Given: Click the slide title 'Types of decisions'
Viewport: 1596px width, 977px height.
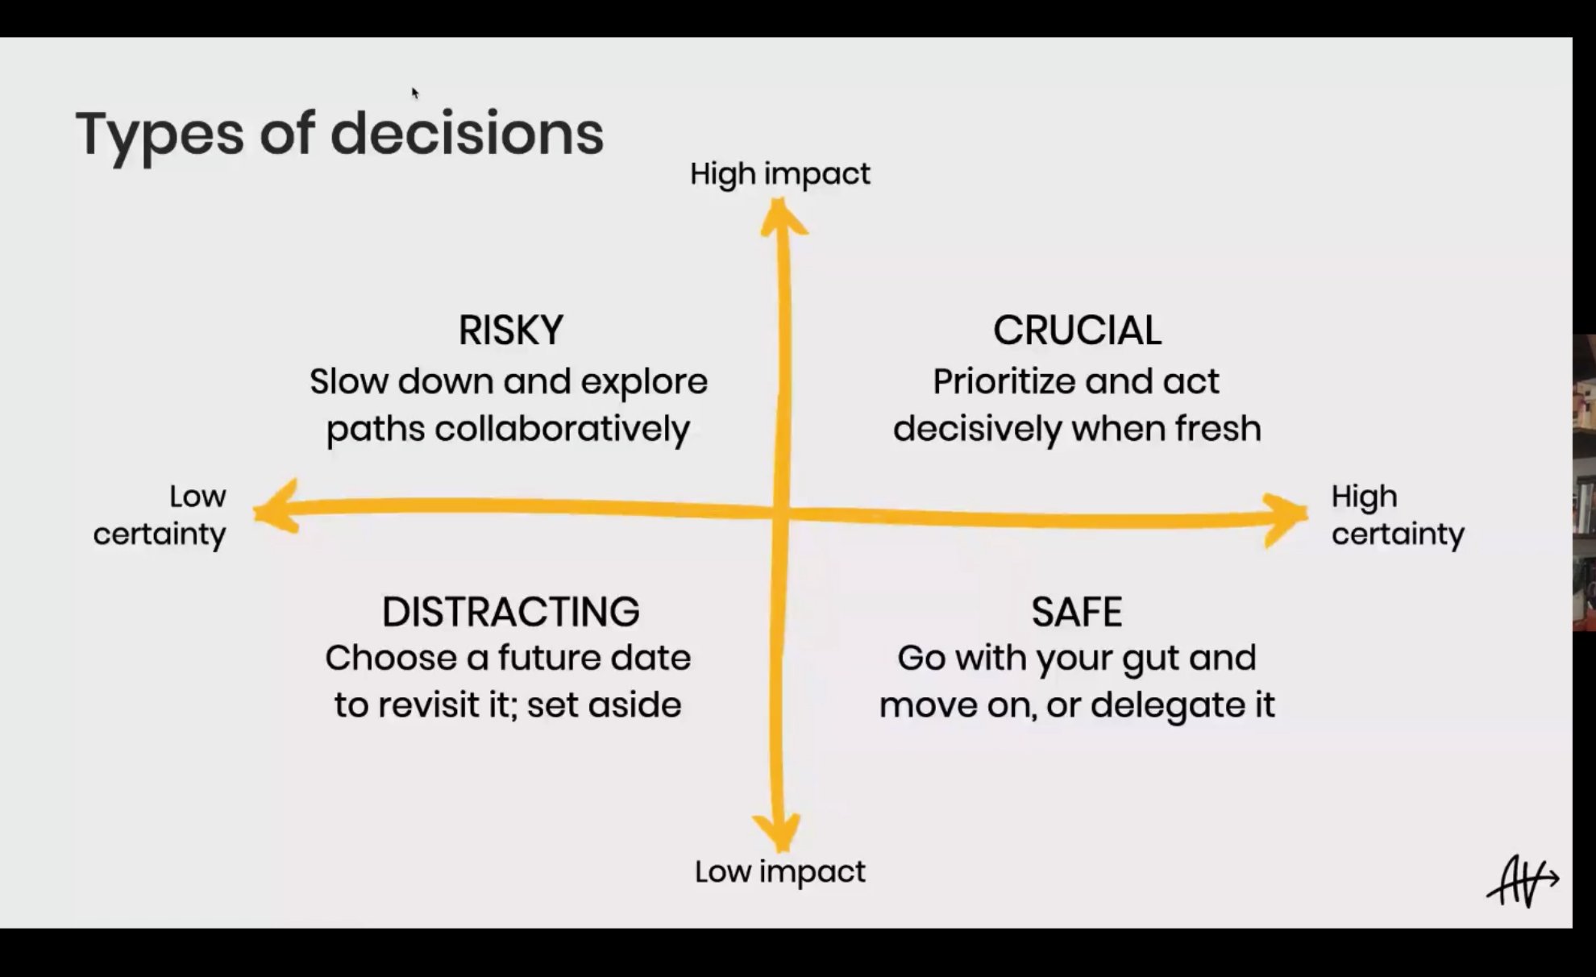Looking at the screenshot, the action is (339, 135).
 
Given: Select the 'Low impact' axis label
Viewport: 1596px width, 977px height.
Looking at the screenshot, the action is (780, 872).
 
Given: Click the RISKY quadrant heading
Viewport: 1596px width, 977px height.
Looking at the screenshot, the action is (511, 331).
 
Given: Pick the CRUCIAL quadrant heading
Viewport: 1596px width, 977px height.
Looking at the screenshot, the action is (1078, 331).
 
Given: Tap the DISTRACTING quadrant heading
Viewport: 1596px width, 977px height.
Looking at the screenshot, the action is (511, 612).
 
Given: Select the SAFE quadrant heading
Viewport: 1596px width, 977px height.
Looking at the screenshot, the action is (1077, 612).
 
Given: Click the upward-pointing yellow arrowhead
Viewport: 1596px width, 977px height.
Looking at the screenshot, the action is (782, 218).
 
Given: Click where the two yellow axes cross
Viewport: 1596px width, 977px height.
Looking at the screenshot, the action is (780, 511).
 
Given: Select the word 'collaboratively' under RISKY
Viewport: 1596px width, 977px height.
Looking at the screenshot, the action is (563, 429).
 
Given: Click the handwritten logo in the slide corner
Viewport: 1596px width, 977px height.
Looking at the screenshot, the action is (1523, 880).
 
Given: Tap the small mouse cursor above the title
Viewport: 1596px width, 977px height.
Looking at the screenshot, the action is (415, 94).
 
